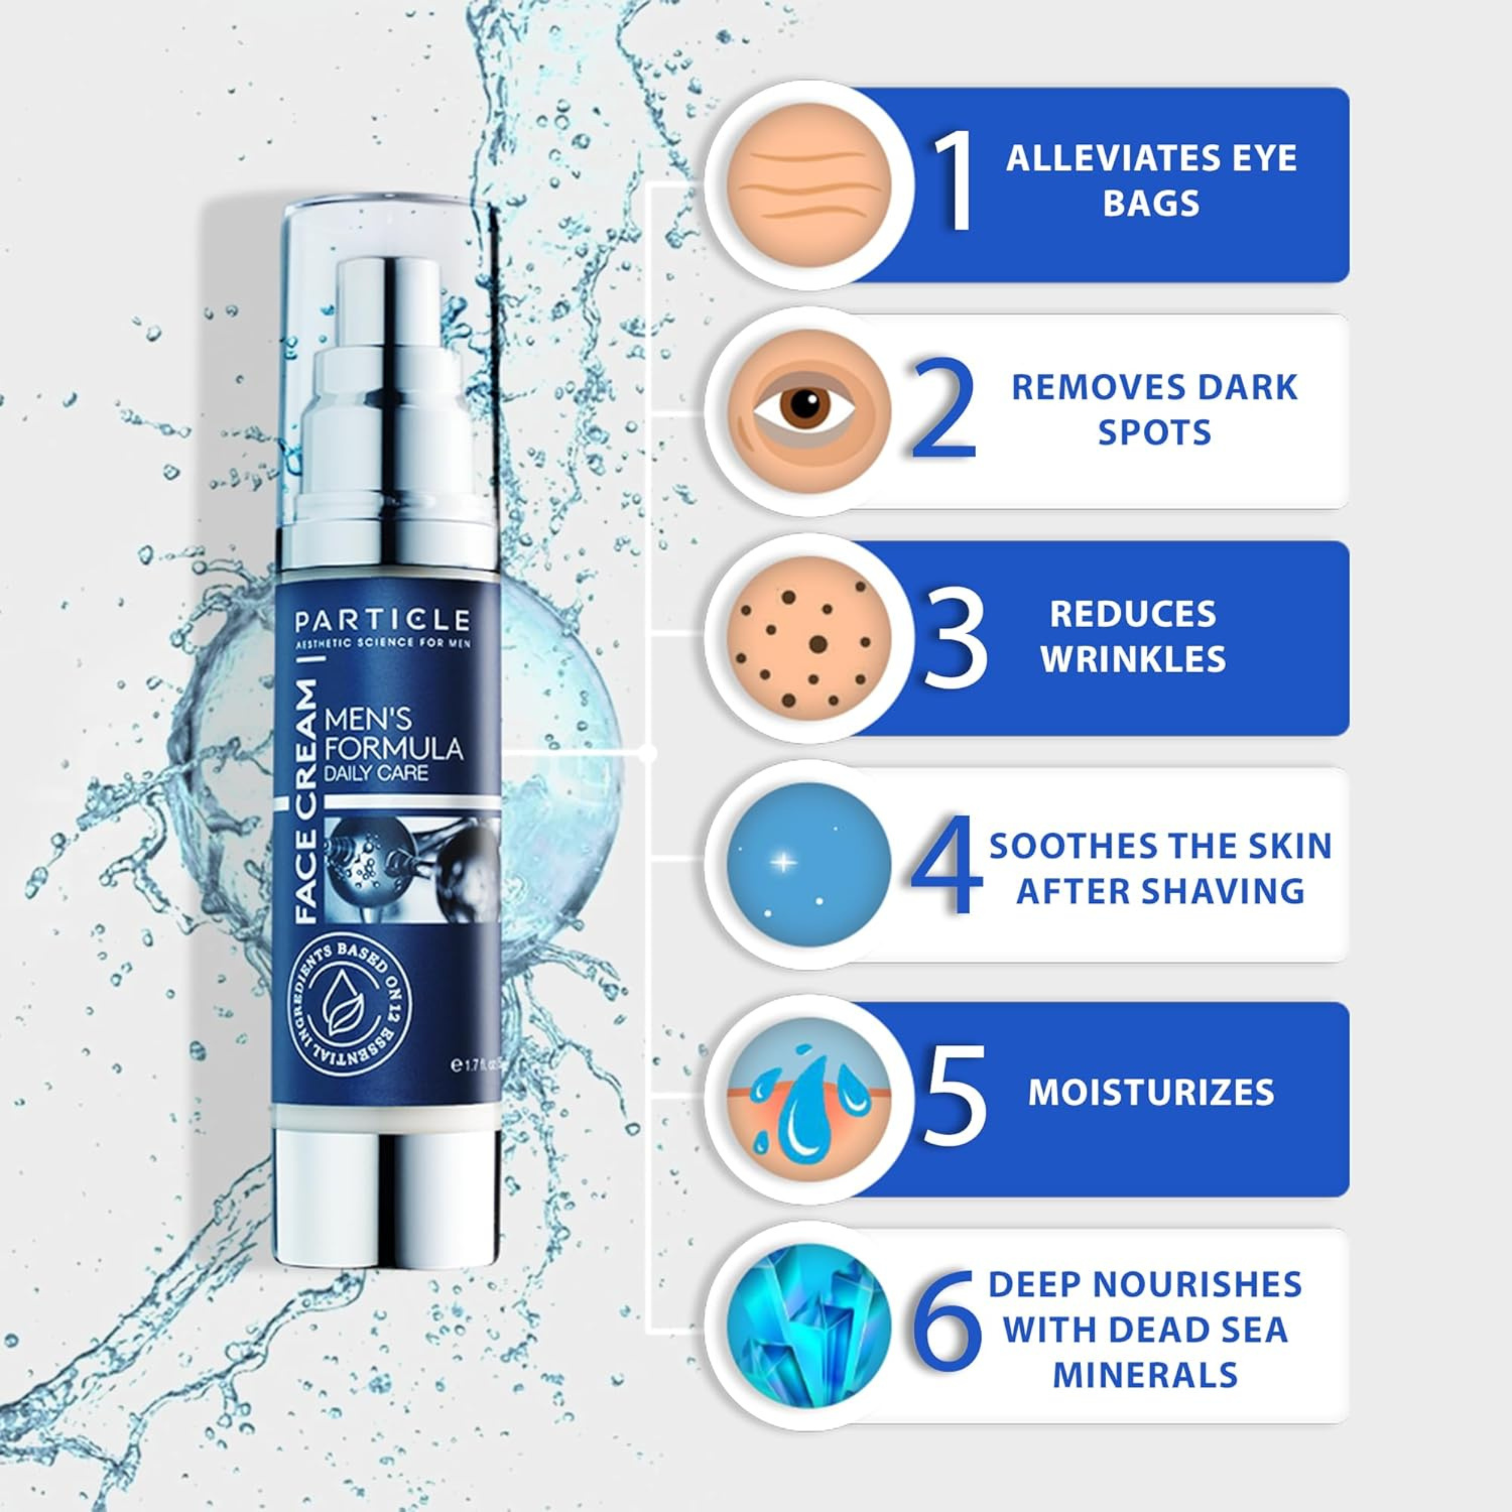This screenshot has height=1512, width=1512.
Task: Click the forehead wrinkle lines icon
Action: (809, 185)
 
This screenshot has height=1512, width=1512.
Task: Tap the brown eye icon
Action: (809, 410)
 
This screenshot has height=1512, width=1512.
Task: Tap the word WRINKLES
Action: (1133, 659)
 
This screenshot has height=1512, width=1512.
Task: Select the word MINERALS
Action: (1145, 1375)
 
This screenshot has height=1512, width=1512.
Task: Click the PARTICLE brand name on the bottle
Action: (383, 620)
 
